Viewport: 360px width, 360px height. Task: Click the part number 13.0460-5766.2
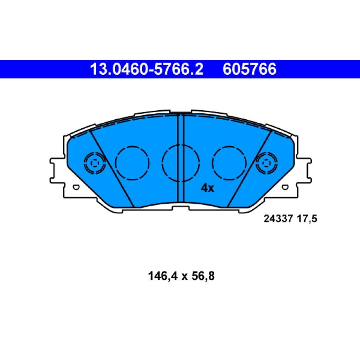click(147, 69)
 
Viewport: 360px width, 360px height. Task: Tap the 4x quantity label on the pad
click(207, 188)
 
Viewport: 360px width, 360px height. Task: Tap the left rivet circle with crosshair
click(94, 162)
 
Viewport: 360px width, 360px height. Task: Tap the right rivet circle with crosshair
click(266, 162)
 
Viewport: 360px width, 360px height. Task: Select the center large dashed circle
click(180, 162)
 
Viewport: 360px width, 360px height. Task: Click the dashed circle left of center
click(132, 162)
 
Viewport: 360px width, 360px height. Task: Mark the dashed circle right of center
click(229, 162)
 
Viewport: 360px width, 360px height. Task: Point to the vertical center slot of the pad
click(180, 157)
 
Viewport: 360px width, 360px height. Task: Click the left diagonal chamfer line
click(112, 169)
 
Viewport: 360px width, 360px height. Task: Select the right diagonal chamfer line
click(249, 169)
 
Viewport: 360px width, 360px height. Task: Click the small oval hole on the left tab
click(76, 187)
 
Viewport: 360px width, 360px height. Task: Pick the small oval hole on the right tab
click(285, 187)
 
